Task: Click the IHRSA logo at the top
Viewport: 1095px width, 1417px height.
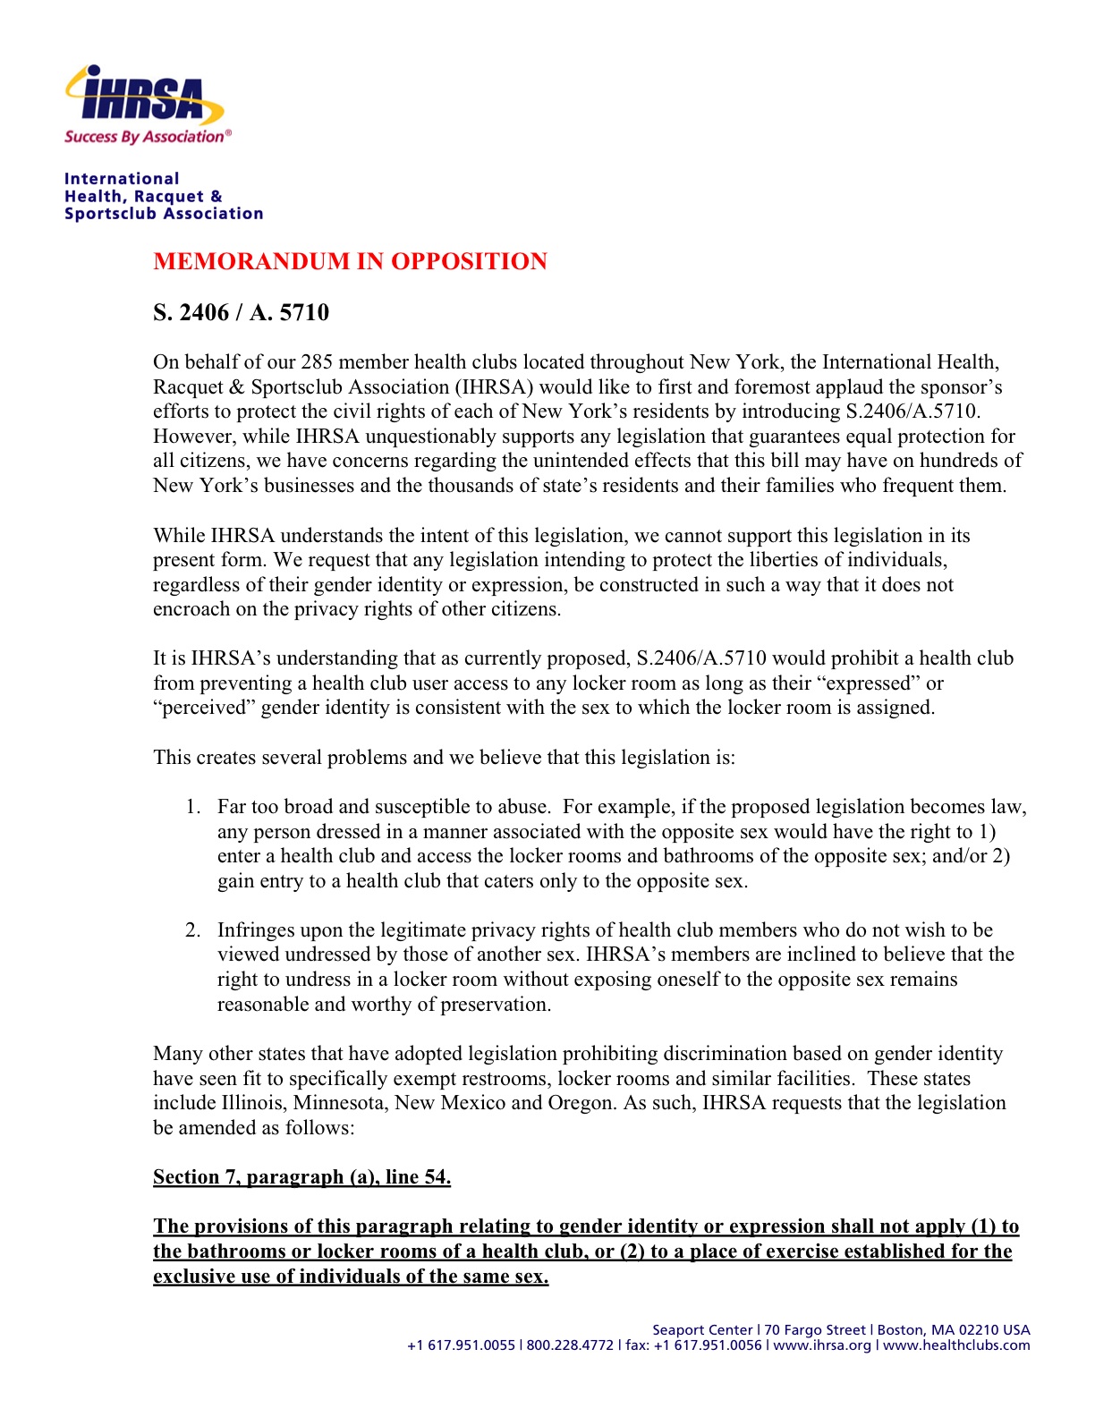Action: click(144, 97)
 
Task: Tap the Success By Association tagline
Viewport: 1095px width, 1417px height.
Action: click(147, 137)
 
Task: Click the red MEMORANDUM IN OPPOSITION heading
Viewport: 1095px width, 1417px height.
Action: click(350, 261)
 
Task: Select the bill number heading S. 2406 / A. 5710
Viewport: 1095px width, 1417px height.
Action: click(241, 312)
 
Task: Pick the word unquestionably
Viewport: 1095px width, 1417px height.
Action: click(432, 437)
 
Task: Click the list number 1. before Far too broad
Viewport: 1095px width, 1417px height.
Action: click(193, 807)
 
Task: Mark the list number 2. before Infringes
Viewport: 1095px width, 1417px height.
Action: click(193, 930)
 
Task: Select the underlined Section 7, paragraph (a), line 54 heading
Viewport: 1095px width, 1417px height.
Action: click(301, 1177)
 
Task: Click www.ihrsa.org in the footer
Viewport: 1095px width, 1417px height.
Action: click(821, 1345)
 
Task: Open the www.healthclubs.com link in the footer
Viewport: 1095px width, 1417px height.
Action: click(956, 1345)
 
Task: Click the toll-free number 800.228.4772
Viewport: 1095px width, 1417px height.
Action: click(570, 1345)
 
